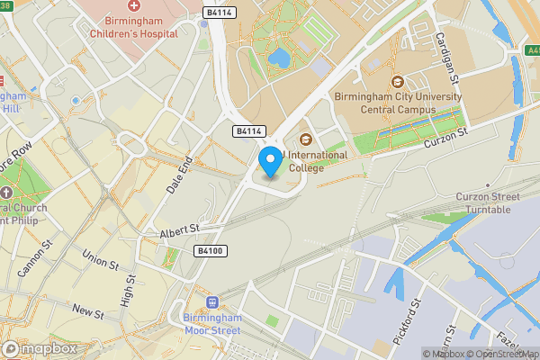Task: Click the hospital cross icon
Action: click(x=134, y=6)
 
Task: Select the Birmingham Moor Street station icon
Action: click(x=212, y=303)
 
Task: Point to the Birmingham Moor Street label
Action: click(x=212, y=326)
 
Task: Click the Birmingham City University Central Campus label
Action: click(x=397, y=103)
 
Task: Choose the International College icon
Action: click(x=305, y=139)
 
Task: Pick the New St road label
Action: click(x=88, y=311)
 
